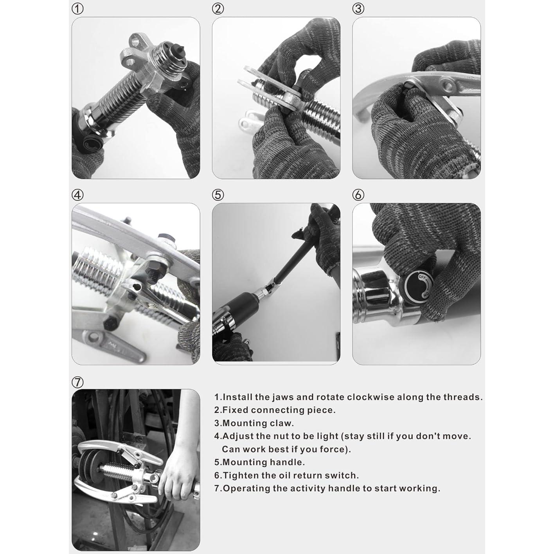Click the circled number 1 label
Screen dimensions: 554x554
coord(77,9)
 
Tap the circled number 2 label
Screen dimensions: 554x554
coord(218,9)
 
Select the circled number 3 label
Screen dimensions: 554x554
coord(358,9)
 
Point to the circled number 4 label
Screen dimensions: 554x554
coord(77,195)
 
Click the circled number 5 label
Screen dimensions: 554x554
coord(218,195)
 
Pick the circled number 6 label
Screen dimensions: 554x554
coord(358,195)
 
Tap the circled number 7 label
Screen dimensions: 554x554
coord(77,382)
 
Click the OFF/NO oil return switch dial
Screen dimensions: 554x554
coord(418,286)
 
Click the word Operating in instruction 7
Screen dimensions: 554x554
coord(247,489)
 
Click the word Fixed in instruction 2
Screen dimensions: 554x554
coord(232,410)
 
